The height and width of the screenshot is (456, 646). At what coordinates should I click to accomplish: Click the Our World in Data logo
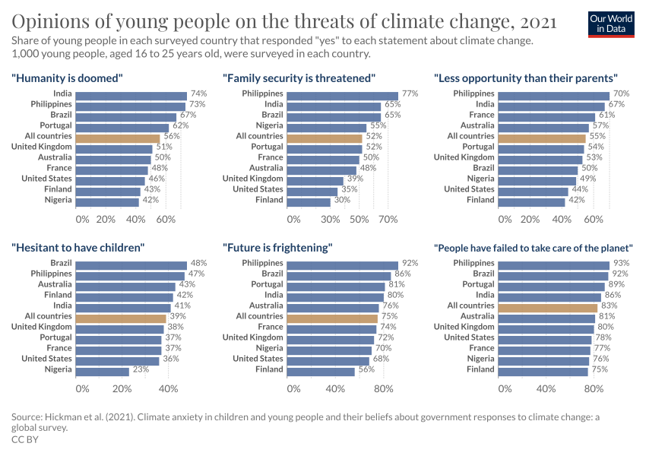[610, 24]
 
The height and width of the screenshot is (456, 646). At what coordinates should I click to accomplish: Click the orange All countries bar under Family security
[325, 136]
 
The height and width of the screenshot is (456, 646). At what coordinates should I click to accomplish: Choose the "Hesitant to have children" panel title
[78, 247]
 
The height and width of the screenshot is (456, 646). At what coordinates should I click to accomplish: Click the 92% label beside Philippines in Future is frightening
[410, 263]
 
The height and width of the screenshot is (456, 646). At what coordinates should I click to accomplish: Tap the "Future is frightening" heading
[278, 247]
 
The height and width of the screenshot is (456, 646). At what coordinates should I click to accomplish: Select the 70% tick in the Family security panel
[388, 219]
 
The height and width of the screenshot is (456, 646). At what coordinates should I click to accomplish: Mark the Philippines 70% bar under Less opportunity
[554, 93]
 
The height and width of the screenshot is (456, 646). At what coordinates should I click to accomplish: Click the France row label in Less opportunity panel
[482, 115]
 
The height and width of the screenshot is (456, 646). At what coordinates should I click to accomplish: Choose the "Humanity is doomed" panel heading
[68, 78]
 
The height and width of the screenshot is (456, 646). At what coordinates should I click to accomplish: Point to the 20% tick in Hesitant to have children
[122, 388]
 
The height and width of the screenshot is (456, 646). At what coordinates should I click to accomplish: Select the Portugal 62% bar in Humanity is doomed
[122, 125]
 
